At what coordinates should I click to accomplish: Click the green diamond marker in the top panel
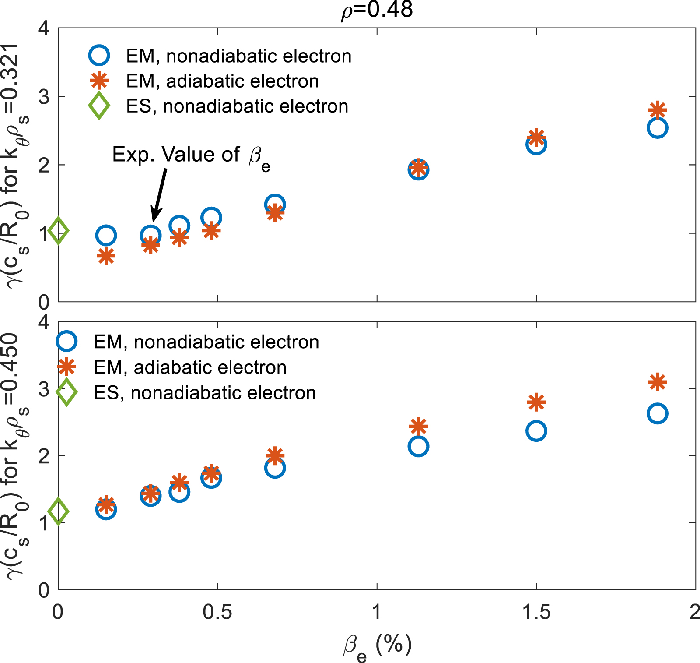pyautogui.click(x=58, y=230)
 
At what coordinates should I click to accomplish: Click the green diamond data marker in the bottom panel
pyautogui.click(x=58, y=511)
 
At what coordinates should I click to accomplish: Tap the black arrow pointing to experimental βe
pyautogui.click(x=159, y=195)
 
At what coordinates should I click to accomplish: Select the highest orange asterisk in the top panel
pyautogui.click(x=657, y=110)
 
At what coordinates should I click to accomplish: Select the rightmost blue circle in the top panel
pyautogui.click(x=657, y=128)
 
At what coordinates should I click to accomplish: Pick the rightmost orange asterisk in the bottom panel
pyautogui.click(x=657, y=382)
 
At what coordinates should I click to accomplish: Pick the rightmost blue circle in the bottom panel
pyautogui.click(x=657, y=413)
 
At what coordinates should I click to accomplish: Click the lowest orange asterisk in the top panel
pyautogui.click(x=106, y=256)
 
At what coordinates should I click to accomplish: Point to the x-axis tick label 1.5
pyautogui.click(x=536, y=612)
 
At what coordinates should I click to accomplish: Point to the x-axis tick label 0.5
pyautogui.click(x=217, y=612)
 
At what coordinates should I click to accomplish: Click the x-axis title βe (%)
pyautogui.click(x=377, y=646)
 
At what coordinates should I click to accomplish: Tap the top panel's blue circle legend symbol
pyautogui.click(x=99, y=56)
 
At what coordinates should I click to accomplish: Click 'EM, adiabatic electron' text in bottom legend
pyautogui.click(x=190, y=367)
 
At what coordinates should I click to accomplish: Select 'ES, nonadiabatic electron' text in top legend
pyautogui.click(x=237, y=106)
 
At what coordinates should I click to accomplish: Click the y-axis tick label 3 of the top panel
pyautogui.click(x=44, y=97)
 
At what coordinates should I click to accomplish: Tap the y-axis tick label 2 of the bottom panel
pyautogui.click(x=44, y=456)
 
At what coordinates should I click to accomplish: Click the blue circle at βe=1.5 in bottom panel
pyautogui.click(x=536, y=431)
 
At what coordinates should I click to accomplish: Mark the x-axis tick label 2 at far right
pyautogui.click(x=694, y=612)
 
